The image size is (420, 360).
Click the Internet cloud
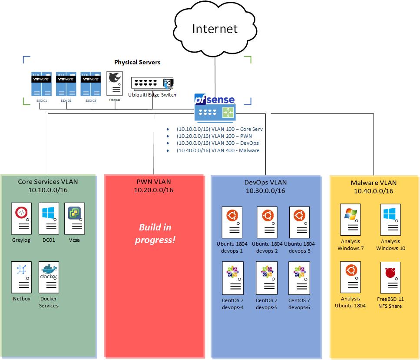(215, 29)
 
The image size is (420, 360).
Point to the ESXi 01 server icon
(42, 84)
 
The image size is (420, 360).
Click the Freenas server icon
(115, 83)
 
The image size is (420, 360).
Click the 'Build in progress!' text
(155, 233)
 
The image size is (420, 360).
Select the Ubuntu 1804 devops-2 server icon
(267, 222)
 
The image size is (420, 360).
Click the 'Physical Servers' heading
(137, 62)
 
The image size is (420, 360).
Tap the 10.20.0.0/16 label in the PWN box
(154, 190)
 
